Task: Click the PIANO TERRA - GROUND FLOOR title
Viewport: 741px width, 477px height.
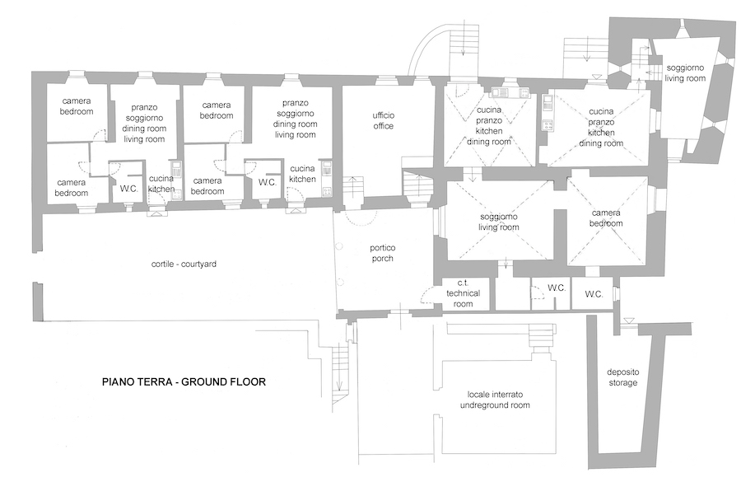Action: [184, 381]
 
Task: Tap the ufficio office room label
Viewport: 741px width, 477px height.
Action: [383, 120]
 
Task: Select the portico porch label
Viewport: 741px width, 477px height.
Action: [382, 253]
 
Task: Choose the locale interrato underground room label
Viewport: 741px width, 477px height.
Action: [494, 400]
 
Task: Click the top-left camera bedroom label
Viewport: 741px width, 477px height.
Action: [75, 105]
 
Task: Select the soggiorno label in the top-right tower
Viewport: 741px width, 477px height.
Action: [686, 72]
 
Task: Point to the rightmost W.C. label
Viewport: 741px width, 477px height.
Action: [594, 293]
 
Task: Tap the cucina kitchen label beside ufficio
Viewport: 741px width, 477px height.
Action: [303, 173]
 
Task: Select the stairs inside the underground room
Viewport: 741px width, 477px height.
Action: [541, 338]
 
